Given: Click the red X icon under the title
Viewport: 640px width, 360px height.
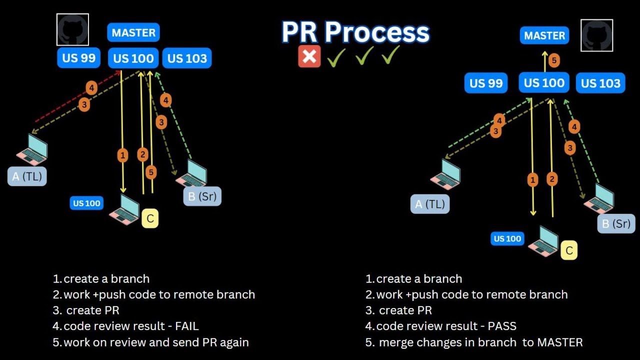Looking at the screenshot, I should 309,56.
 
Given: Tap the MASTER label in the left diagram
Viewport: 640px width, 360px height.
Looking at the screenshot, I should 133,33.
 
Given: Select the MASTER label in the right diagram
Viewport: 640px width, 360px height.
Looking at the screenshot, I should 544,35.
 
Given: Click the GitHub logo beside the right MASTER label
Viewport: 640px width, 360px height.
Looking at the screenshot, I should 596,35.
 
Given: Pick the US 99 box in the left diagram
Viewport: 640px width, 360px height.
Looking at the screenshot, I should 79,58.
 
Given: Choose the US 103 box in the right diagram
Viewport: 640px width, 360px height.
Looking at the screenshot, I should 600,83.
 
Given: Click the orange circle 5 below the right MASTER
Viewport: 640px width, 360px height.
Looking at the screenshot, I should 553,61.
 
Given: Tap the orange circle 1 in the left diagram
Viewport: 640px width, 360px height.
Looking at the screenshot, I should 122,155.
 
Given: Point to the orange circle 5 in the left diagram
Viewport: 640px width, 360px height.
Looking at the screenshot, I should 151,172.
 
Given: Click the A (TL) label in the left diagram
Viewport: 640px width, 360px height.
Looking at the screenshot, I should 27,176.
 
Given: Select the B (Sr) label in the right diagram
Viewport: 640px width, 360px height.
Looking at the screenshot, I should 616,223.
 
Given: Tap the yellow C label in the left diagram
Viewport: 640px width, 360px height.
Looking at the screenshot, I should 150,218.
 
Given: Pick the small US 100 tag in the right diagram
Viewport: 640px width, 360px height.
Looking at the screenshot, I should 507,238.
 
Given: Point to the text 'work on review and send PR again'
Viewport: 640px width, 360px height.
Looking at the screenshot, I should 156,342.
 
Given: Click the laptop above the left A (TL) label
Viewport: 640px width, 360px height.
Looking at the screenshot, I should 32,149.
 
